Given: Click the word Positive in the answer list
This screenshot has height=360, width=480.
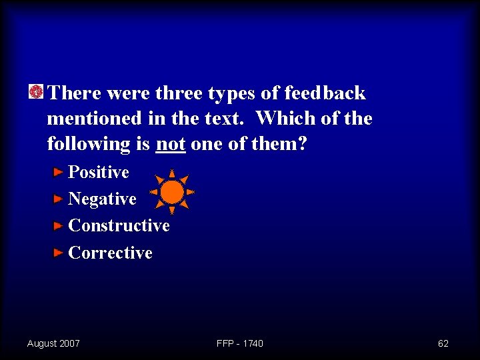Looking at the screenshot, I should point(99,172).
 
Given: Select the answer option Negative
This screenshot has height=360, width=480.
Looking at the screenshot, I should point(102,199).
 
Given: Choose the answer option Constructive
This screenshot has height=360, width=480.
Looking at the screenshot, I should point(119,225).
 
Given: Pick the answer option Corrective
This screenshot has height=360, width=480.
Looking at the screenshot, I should point(110,253).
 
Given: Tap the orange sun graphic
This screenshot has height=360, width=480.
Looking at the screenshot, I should point(172,192).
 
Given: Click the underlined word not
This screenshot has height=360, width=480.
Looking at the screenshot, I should point(170,143).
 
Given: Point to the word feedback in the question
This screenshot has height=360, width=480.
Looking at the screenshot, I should point(325,93).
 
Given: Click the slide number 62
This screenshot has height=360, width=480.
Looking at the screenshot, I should point(443,343).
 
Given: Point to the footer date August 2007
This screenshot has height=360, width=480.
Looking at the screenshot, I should point(53,343).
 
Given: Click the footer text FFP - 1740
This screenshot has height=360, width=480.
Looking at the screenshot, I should point(240,343).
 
